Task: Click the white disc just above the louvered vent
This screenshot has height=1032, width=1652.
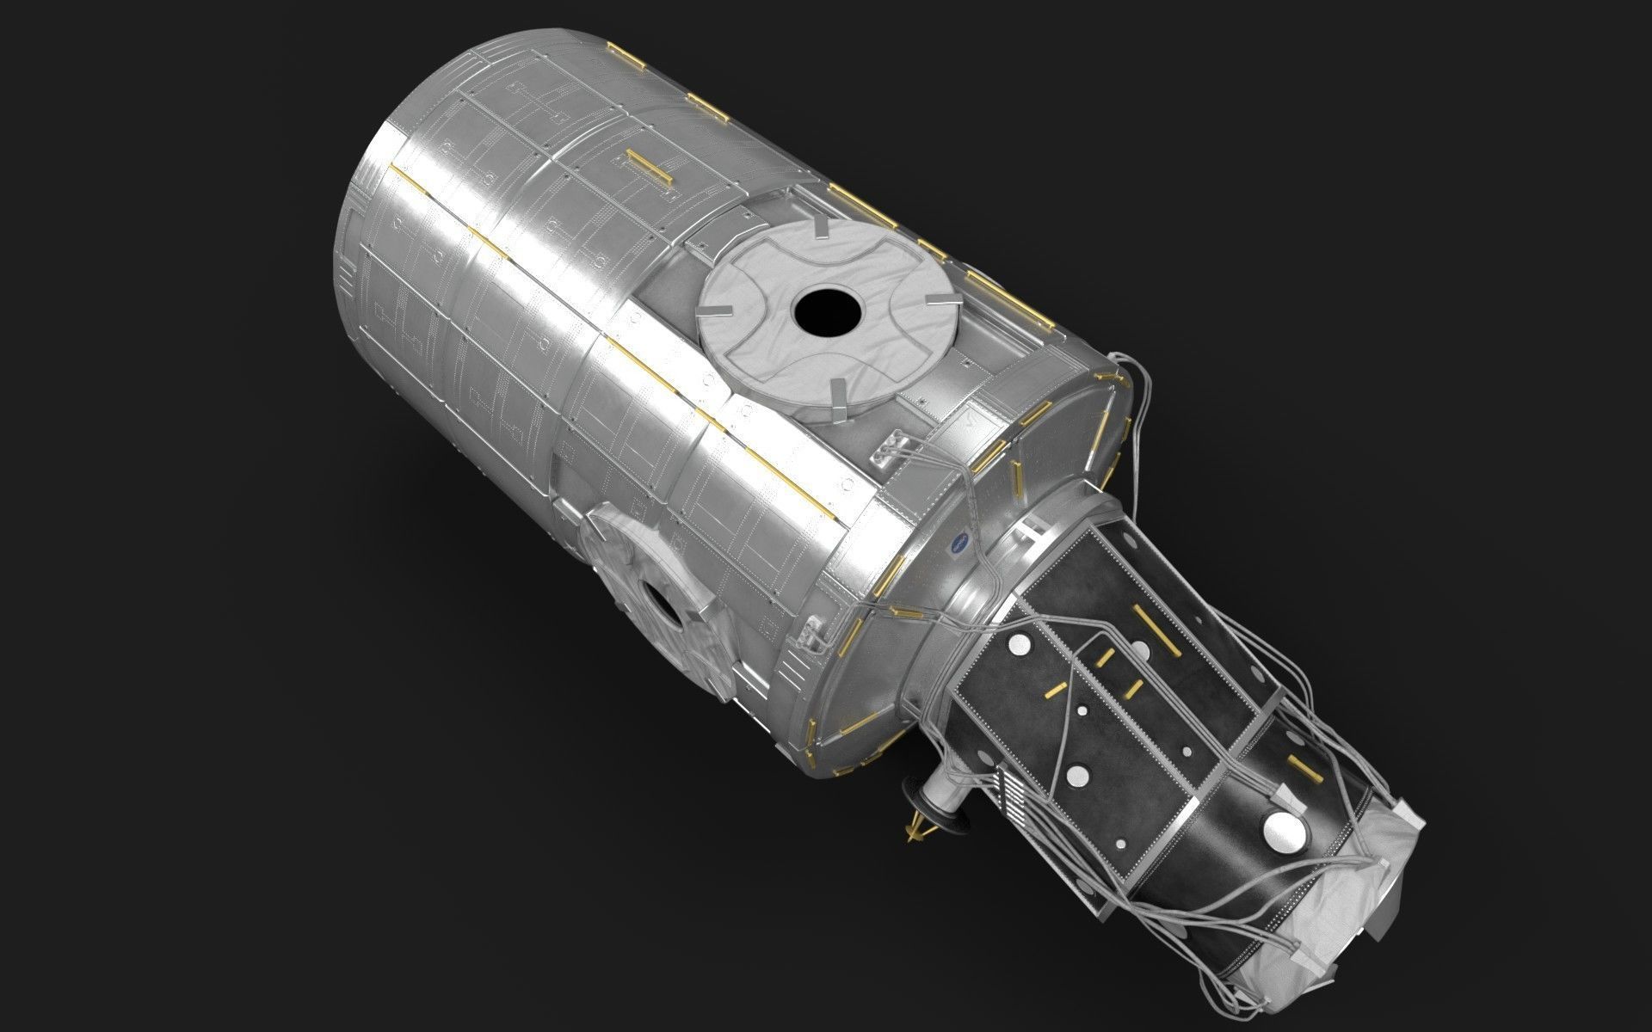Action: (1076, 775)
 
